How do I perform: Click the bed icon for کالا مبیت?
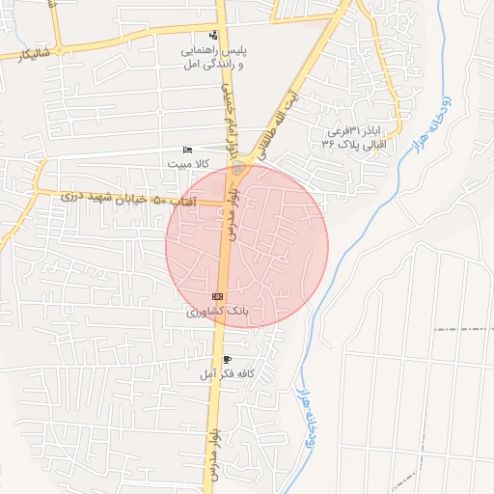pos(188,150)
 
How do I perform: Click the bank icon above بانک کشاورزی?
pos(217,296)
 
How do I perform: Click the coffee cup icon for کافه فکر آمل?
pos(227,359)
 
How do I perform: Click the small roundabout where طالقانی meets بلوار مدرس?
pos(238,170)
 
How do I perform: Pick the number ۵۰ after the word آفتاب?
pos(162,201)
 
